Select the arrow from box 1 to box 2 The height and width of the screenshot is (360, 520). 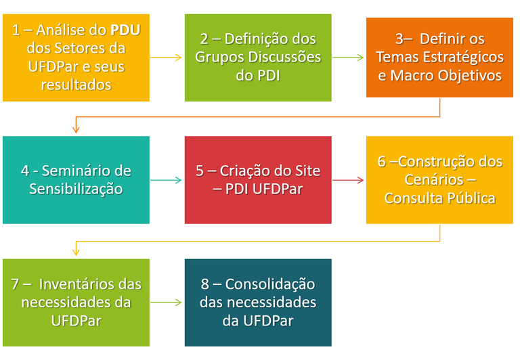167,58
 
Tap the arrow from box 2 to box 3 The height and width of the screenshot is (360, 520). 349,58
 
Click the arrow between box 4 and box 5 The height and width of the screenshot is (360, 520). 167,180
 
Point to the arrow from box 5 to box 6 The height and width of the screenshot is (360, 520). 349,180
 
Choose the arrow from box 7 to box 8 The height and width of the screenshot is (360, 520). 167,302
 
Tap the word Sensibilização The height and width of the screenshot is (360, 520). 76,189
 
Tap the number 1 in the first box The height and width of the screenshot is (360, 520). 16,30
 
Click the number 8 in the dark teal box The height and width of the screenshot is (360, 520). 204,284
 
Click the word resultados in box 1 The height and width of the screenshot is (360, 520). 76,85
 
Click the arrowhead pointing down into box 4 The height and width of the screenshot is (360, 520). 76,129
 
